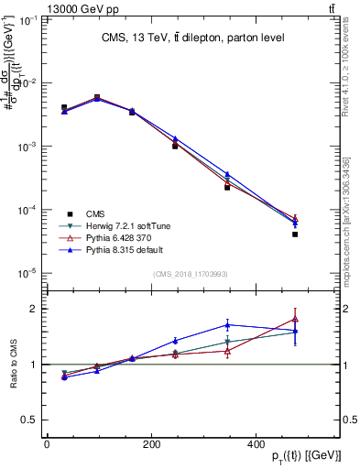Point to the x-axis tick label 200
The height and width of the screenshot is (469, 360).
point(151,444)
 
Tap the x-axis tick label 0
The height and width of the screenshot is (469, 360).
point(47,444)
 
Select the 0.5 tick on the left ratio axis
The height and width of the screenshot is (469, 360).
point(29,420)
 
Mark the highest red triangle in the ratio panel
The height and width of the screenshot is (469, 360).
point(295,319)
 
